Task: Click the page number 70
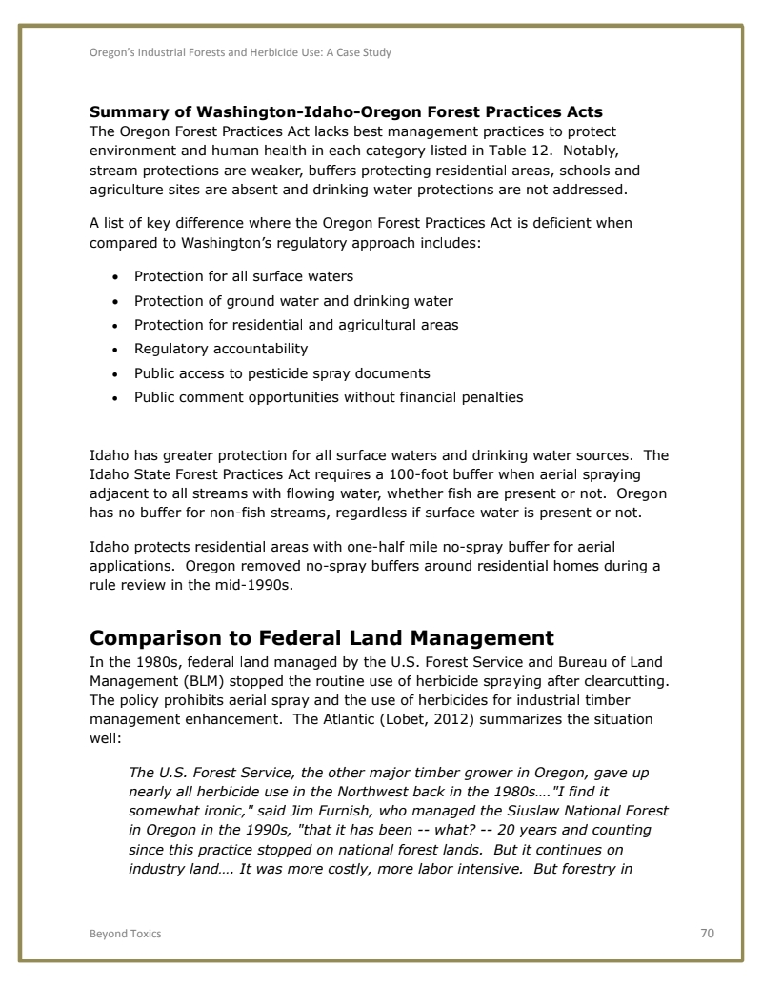click(707, 933)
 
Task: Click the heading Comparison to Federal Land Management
click(321, 637)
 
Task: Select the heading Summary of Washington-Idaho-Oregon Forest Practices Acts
click(346, 112)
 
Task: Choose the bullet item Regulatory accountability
click(221, 349)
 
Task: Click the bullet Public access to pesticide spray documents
click(282, 373)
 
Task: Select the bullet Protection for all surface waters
click(244, 276)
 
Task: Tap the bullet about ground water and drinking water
click(293, 301)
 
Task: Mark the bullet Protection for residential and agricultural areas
click(296, 325)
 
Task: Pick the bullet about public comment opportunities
click(329, 397)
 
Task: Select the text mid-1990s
click(257, 586)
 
